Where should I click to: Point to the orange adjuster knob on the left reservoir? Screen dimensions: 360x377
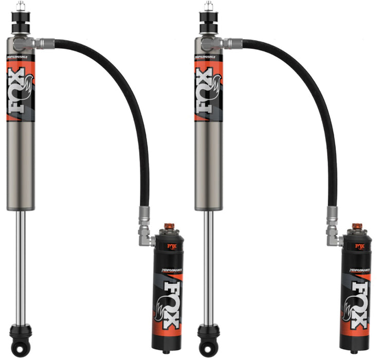point(168,227)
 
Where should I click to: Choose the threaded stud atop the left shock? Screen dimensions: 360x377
point(21,7)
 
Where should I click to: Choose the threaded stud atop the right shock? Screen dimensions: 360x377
point(208,7)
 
